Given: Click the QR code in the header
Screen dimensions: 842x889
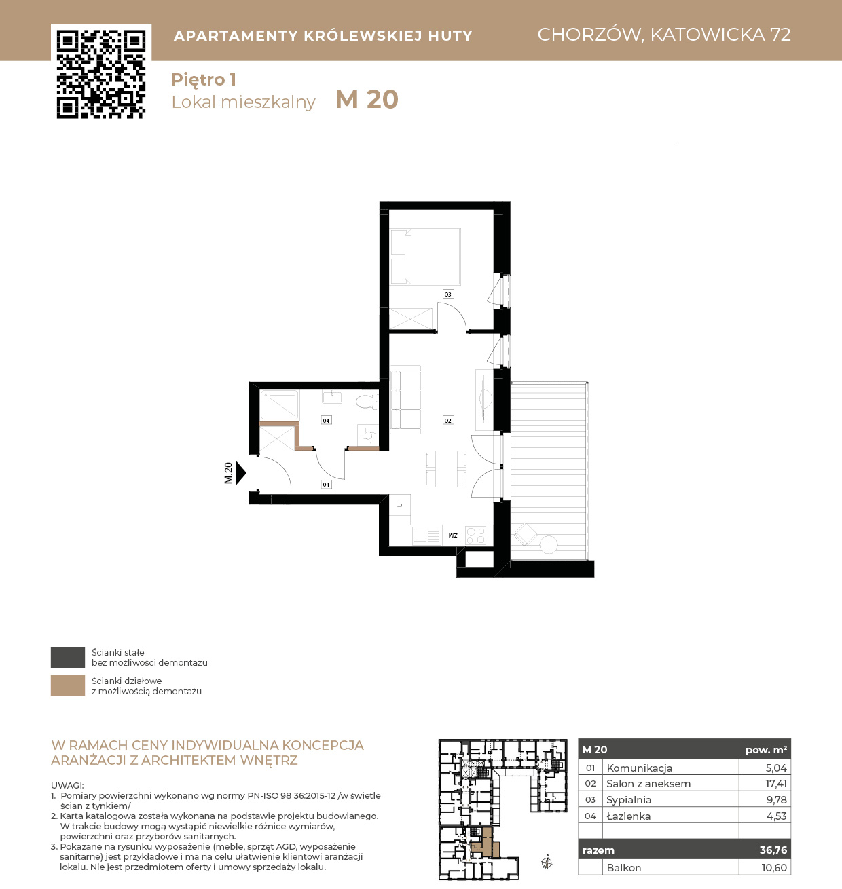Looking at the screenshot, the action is click(101, 74).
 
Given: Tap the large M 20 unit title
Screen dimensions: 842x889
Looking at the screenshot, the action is click(367, 100).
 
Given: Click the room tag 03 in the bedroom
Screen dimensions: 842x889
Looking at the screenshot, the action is click(447, 295).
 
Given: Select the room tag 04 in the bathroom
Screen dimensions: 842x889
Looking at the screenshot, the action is click(326, 421).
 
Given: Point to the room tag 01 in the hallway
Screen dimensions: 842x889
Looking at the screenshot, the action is click(326, 485).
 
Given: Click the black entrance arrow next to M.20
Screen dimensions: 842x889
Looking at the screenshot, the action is click(240, 473).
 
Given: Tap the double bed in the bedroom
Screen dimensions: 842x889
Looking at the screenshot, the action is click(425, 257).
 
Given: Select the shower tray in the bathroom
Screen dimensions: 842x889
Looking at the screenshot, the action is click(279, 405).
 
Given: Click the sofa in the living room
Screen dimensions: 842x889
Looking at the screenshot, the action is click(405, 400).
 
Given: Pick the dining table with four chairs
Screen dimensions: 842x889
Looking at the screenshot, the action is click(446, 468).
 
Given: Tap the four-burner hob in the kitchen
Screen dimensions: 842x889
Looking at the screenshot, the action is click(475, 536).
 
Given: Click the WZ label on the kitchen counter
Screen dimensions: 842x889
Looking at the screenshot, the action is click(453, 536).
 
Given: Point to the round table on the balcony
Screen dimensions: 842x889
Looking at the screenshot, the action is click(549, 544).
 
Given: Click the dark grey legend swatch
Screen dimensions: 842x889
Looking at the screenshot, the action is click(68, 657).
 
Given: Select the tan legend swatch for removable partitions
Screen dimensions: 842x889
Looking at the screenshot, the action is click(68, 685).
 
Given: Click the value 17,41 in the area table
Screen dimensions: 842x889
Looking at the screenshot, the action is click(776, 784).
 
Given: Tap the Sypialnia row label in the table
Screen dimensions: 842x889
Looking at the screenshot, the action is click(629, 800).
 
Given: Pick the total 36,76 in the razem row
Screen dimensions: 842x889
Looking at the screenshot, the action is click(773, 850).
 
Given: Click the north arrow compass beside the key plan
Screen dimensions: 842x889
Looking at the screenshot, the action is click(547, 863).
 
